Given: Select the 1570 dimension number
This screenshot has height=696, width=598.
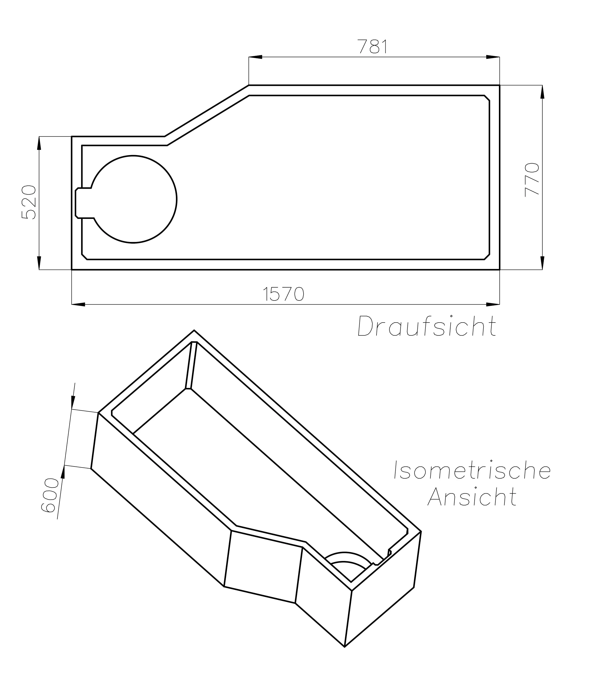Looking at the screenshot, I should (283, 294).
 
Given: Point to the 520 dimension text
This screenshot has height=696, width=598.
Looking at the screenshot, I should (29, 202).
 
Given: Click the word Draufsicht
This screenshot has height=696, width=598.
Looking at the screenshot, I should (427, 326).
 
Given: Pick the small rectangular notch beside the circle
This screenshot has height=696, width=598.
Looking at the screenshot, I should (83, 203).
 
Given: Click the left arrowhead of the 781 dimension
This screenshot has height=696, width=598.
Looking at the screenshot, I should (255, 57).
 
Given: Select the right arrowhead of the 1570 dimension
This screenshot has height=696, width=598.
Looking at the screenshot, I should (493, 304).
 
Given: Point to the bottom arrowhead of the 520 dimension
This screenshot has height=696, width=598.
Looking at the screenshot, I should (39, 263).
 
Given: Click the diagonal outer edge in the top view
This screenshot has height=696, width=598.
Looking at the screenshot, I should (207, 111).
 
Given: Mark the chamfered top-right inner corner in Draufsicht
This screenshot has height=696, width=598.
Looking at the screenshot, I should (487, 98).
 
